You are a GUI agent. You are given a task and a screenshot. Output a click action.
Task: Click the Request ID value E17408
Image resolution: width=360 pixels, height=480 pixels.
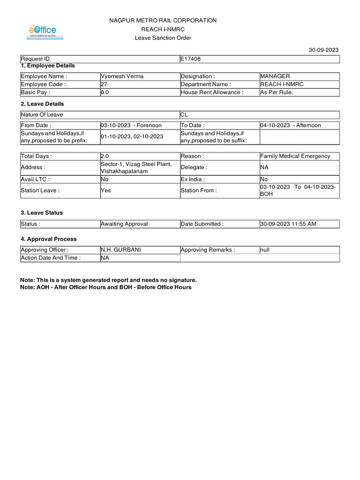click(x=191, y=59)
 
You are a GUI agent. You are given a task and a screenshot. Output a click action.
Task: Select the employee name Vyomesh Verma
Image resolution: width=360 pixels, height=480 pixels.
click(x=122, y=76)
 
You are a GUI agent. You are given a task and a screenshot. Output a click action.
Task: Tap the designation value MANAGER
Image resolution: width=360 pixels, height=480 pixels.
click(x=275, y=76)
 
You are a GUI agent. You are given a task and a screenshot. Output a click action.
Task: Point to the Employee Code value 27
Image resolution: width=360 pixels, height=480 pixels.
click(x=104, y=84)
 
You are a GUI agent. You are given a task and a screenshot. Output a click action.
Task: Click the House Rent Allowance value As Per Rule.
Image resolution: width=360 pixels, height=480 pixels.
click(x=277, y=92)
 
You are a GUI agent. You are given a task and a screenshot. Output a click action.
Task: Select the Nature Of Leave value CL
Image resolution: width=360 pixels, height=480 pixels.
click(x=184, y=114)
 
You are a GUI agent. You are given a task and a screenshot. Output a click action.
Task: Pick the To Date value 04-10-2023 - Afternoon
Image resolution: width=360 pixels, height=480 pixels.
click(x=291, y=125)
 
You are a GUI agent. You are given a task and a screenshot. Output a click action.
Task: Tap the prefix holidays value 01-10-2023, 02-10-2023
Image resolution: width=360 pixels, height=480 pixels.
click(x=132, y=136)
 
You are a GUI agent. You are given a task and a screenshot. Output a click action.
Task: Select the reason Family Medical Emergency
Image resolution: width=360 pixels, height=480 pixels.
click(x=295, y=156)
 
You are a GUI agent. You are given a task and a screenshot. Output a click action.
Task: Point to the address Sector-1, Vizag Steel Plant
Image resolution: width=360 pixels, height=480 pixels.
click(x=136, y=164)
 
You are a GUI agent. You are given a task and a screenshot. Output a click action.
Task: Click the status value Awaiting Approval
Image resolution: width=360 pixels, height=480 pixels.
click(x=124, y=224)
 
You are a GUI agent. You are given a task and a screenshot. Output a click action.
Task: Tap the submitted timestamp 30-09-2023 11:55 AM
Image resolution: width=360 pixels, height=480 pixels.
click(x=288, y=224)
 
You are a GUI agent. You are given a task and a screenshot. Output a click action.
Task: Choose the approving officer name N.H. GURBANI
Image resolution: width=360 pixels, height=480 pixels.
click(x=120, y=250)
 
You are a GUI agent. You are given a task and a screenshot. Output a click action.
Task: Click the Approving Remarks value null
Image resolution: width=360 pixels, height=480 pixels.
click(x=265, y=250)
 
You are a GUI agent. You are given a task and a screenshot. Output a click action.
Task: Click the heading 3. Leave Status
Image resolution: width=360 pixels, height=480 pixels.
click(x=41, y=213)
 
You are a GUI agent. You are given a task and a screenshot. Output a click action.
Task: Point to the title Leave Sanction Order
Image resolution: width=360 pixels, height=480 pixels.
click(x=163, y=38)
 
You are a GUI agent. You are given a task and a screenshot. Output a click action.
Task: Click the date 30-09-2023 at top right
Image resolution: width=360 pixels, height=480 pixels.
click(x=323, y=50)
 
